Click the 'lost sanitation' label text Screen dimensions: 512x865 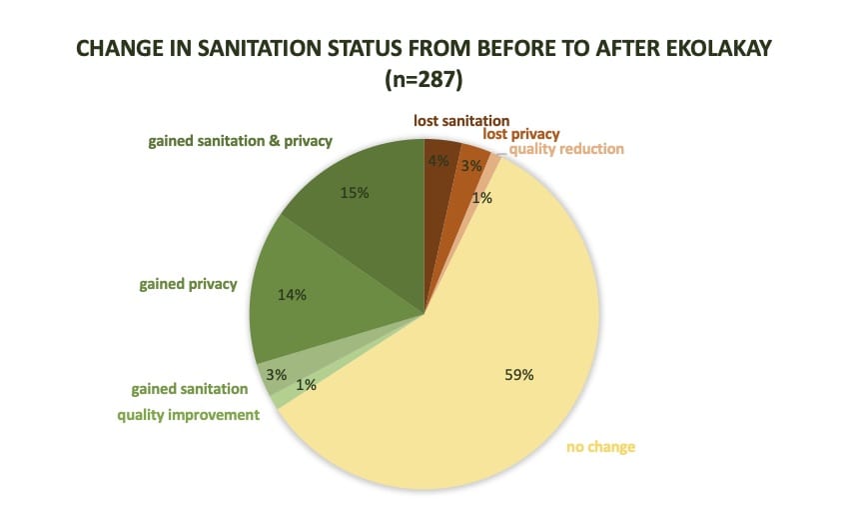point(461,121)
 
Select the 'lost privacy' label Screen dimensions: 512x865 point(520,134)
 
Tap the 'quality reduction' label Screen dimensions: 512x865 point(566,149)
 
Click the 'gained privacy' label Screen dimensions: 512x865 point(188,284)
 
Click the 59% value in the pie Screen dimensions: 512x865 point(519,375)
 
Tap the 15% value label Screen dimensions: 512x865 point(355,193)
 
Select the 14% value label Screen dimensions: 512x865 point(292,295)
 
